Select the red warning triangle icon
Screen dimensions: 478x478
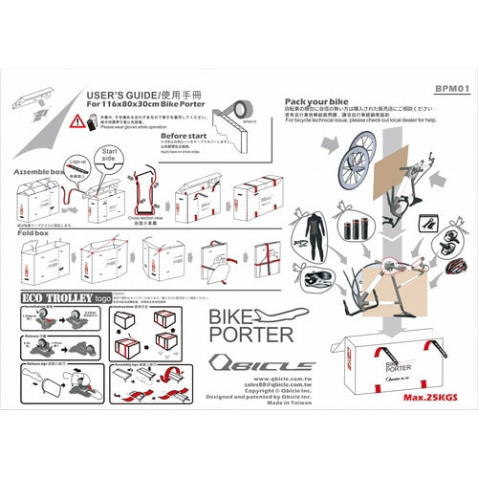click(x=76, y=121)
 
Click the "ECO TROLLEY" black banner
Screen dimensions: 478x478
click(x=57, y=297)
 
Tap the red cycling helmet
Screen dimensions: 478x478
click(x=450, y=262)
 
